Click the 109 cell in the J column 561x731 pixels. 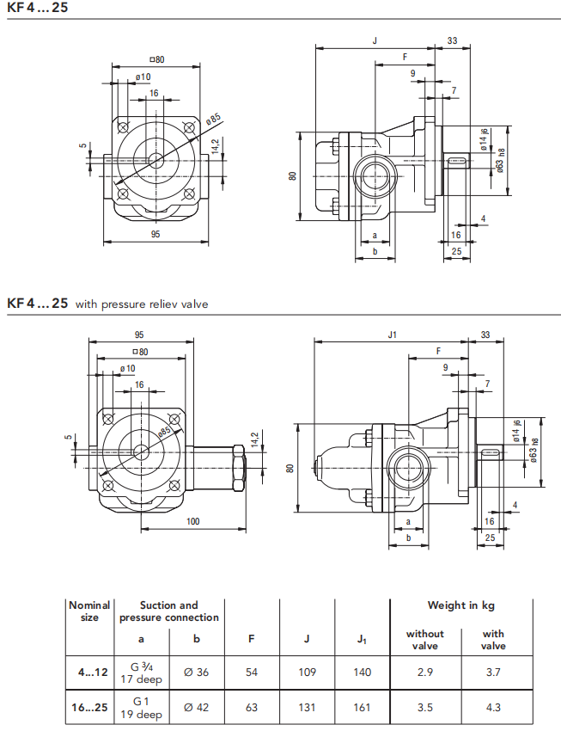click(x=307, y=672)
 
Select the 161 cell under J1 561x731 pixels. click(x=362, y=707)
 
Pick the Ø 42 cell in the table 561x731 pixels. click(x=196, y=707)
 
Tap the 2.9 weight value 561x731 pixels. click(x=424, y=672)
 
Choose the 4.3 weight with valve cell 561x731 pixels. click(x=493, y=707)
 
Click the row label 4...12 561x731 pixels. click(x=93, y=673)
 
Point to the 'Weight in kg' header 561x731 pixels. click(x=460, y=605)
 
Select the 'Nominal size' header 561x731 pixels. click(x=89, y=611)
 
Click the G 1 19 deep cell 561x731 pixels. click(x=141, y=708)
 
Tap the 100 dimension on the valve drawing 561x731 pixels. click(x=192, y=521)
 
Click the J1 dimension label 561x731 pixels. click(x=392, y=335)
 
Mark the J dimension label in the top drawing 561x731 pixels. click(x=375, y=40)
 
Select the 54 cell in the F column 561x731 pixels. click(x=252, y=672)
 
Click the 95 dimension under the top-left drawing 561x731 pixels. click(x=155, y=234)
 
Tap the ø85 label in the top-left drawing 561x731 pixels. click(x=213, y=119)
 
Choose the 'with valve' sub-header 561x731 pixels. click(x=493, y=640)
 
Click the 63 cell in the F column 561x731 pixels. click(x=252, y=707)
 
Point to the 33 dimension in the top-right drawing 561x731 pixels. click(x=453, y=40)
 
